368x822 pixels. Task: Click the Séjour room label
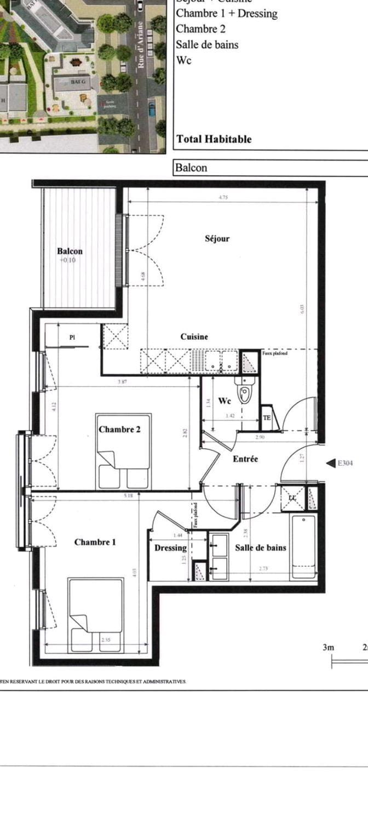pyautogui.click(x=217, y=238)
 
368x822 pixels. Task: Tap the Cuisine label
pyautogui.click(x=194, y=336)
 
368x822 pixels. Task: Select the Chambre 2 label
pyautogui.click(x=119, y=429)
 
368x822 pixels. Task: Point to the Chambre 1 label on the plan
pyautogui.click(x=95, y=542)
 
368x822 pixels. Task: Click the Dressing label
pyautogui.click(x=170, y=547)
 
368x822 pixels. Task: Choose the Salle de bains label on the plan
pyautogui.click(x=261, y=547)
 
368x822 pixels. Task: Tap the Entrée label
pyautogui.click(x=245, y=459)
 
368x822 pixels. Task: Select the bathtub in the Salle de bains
pyautogui.click(x=303, y=547)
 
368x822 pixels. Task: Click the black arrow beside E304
pyautogui.click(x=330, y=463)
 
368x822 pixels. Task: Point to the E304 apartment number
pyautogui.click(x=345, y=463)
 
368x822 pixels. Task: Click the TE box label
pyautogui.click(x=267, y=418)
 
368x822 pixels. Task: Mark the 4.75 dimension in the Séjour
pyautogui.click(x=222, y=197)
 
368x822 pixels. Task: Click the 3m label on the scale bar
pyautogui.click(x=328, y=647)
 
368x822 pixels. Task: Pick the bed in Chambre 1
pyautogui.click(x=96, y=615)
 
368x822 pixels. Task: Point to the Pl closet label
pyautogui.click(x=72, y=338)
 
